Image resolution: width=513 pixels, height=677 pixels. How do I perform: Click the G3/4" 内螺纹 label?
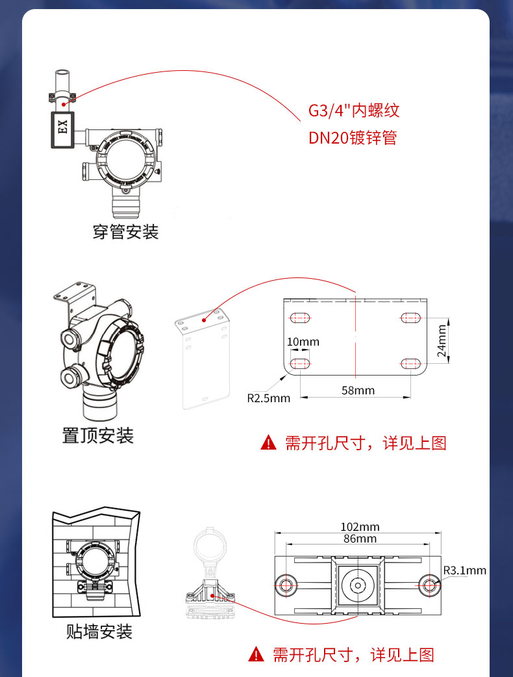(353, 110)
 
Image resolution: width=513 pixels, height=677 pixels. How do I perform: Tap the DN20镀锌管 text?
(352, 138)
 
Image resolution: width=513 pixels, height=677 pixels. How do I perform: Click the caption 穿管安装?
(125, 231)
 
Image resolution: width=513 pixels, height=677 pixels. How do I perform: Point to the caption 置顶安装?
(97, 435)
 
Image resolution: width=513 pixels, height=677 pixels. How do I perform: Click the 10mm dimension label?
(303, 342)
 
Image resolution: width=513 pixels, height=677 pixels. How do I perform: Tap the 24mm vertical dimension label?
(443, 341)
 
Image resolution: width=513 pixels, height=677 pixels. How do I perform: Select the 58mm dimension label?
(358, 390)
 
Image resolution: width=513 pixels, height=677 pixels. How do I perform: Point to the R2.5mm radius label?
(268, 398)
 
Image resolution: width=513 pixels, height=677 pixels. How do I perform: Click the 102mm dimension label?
(360, 527)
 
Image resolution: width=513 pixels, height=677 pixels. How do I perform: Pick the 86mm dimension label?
(359, 539)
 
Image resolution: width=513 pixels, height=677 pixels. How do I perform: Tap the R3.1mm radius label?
(464, 570)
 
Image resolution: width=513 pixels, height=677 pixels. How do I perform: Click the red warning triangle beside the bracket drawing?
(268, 444)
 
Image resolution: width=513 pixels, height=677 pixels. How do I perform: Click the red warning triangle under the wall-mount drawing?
(258, 654)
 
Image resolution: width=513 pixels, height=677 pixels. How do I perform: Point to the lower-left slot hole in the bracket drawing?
(300, 363)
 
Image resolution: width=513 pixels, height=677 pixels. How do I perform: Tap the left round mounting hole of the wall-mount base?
(285, 585)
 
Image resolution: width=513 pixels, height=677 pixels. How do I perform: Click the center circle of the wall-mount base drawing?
(358, 585)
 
